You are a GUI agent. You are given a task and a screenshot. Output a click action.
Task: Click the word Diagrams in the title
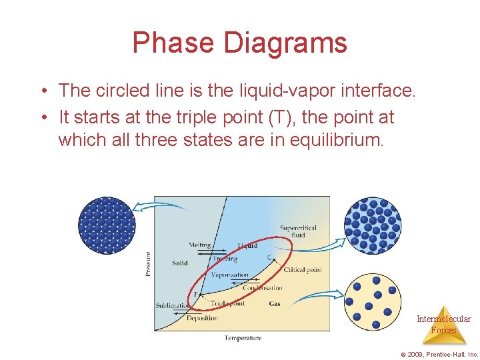click(285, 43)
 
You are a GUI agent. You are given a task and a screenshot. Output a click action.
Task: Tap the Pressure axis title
click(147, 263)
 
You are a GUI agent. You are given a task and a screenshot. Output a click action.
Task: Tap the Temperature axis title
click(243, 338)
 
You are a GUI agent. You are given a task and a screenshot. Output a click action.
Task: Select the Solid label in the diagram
click(179, 263)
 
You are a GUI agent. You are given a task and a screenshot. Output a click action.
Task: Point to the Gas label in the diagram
click(275, 303)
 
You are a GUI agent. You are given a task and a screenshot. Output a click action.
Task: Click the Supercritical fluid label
click(298, 231)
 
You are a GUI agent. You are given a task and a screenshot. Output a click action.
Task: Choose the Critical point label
click(303, 270)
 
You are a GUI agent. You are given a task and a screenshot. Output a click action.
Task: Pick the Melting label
click(199, 245)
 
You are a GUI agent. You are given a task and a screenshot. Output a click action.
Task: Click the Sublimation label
click(173, 305)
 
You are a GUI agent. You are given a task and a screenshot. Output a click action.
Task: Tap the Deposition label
click(202, 318)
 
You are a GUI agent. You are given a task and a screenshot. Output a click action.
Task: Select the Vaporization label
click(229, 275)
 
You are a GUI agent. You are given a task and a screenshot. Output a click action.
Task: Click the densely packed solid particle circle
click(107, 225)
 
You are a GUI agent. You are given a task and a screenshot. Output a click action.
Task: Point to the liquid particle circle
click(373, 226)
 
